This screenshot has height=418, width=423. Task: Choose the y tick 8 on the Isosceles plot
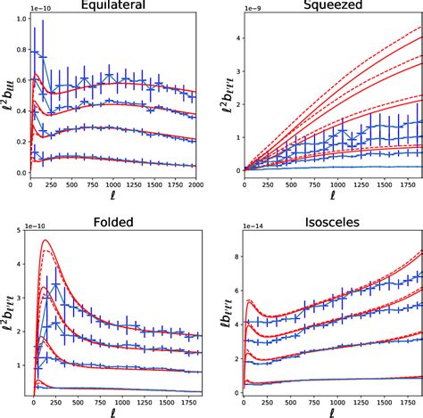[235, 257]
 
